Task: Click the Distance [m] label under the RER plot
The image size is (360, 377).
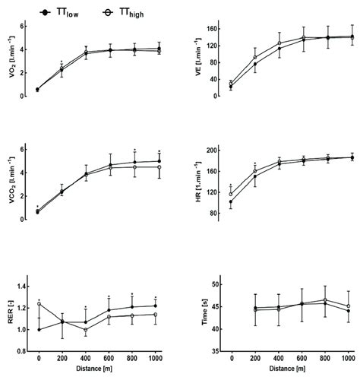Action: pos(97,369)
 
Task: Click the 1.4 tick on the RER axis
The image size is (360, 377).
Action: pos(23,287)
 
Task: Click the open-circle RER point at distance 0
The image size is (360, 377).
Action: pos(38,304)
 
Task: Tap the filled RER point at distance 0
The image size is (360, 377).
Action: pos(38,329)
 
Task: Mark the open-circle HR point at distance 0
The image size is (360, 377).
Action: pos(231,194)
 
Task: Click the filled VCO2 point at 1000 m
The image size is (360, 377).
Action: pos(158,160)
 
